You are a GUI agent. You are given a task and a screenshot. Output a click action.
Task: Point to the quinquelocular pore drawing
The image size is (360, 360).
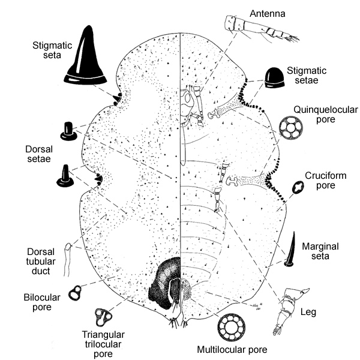(292, 128)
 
